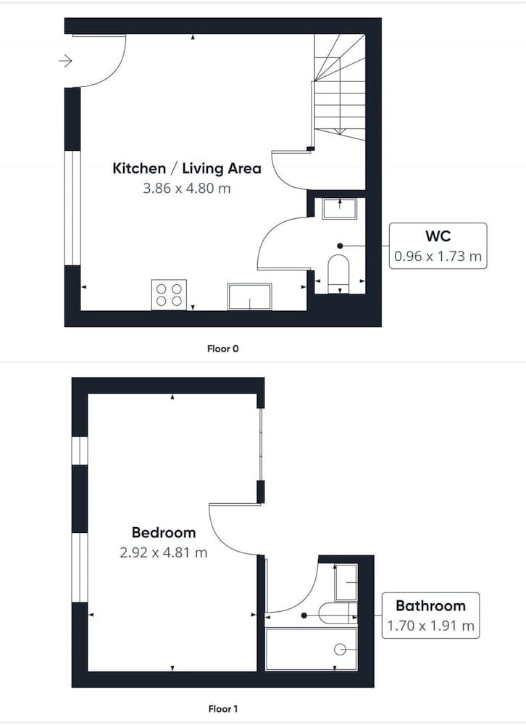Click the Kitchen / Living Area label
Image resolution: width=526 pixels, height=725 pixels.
click(186, 169)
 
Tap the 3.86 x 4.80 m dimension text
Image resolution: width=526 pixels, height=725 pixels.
click(186, 188)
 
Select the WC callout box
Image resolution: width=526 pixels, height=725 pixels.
click(438, 246)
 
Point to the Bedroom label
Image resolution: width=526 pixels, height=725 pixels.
click(164, 533)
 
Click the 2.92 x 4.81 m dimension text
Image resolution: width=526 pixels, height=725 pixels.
click(164, 552)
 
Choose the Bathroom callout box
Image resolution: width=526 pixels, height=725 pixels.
click(430, 615)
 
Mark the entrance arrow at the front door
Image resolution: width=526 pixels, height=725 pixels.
click(66, 61)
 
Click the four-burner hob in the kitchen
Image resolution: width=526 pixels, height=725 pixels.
click(169, 294)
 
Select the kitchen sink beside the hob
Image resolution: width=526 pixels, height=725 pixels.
click(249, 296)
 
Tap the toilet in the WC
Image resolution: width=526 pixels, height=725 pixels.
click(338, 273)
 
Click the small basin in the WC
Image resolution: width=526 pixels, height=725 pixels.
click(338, 208)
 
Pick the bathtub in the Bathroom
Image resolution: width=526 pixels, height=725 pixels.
click(312, 649)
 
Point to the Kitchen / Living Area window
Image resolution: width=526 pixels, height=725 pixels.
click(72, 209)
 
